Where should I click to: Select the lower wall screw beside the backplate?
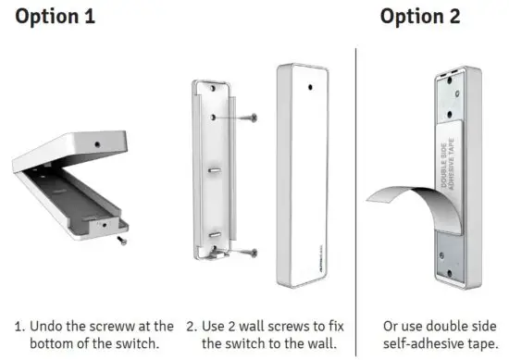point(246,251)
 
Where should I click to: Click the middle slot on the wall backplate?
point(213,171)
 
